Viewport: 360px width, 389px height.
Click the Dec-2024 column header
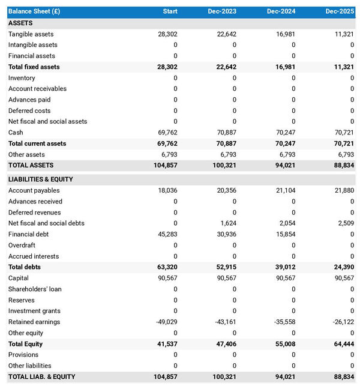[281, 11]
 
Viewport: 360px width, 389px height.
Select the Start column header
[170, 11]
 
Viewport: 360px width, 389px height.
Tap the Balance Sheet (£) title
[34, 11]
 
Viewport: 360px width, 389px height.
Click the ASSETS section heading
[20, 23]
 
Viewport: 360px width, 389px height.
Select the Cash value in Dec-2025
[344, 132]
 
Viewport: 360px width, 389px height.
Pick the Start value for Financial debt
[167, 234]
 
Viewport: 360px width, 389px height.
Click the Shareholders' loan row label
[34, 289]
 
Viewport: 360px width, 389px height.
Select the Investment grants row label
[34, 311]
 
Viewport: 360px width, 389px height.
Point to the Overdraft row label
[23, 245]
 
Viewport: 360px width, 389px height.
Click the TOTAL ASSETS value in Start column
[166, 165]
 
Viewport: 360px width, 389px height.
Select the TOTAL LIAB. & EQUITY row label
[41, 377]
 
